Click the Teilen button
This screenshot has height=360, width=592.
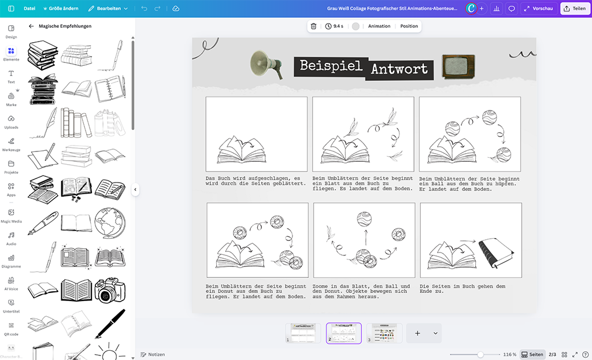(x=575, y=8)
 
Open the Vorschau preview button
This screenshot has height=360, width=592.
(x=538, y=8)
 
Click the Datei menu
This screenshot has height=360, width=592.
(x=29, y=8)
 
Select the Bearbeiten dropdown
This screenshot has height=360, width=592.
(x=108, y=8)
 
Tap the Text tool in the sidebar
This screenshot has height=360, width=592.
(x=12, y=76)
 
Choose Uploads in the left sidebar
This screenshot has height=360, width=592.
(x=12, y=121)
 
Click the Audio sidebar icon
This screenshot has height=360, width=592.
(x=12, y=239)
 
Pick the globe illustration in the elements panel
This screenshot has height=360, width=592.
(x=110, y=222)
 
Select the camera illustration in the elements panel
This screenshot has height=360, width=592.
(x=110, y=290)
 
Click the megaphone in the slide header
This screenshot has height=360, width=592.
(x=266, y=64)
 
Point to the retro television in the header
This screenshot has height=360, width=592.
(x=458, y=66)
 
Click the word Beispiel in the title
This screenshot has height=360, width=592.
(x=331, y=66)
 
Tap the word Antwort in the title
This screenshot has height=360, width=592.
(x=399, y=69)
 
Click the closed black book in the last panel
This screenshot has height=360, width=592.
(x=496, y=253)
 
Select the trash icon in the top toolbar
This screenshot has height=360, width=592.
(x=313, y=26)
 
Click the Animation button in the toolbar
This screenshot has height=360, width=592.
(x=379, y=26)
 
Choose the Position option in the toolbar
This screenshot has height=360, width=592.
(x=409, y=26)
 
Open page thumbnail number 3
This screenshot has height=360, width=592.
(x=384, y=333)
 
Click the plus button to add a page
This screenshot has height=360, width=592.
(x=417, y=333)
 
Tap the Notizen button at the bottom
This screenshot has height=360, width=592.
(x=153, y=354)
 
